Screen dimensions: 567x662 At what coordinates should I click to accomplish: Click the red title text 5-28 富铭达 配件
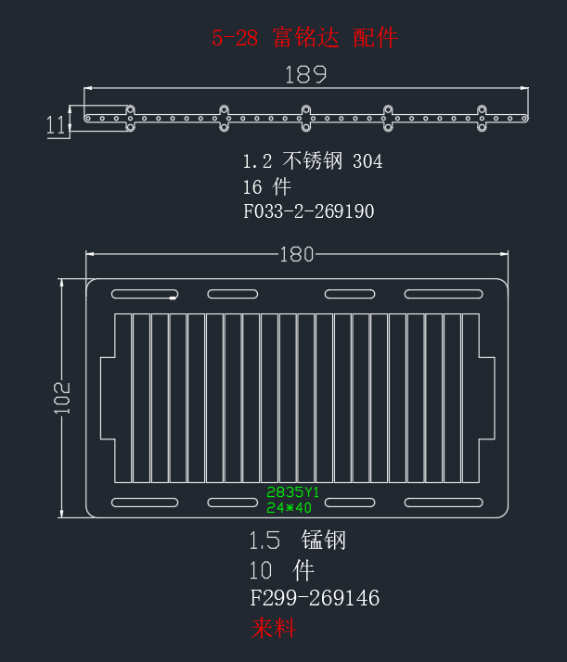tap(304, 38)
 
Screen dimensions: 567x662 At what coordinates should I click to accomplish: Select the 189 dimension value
tap(305, 75)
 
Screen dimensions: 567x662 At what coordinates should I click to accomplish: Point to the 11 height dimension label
tap(57, 125)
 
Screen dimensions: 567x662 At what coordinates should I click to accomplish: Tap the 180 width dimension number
tap(297, 255)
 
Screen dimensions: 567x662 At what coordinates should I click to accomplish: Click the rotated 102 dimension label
tap(62, 398)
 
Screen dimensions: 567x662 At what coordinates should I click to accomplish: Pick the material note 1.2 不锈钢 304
tap(313, 161)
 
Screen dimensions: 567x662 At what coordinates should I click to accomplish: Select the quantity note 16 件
tap(266, 186)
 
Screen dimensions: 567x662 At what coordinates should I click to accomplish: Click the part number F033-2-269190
tap(308, 211)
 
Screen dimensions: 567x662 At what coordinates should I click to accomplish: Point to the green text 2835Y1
tap(293, 491)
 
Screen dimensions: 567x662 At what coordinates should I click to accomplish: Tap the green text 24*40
tap(289, 507)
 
